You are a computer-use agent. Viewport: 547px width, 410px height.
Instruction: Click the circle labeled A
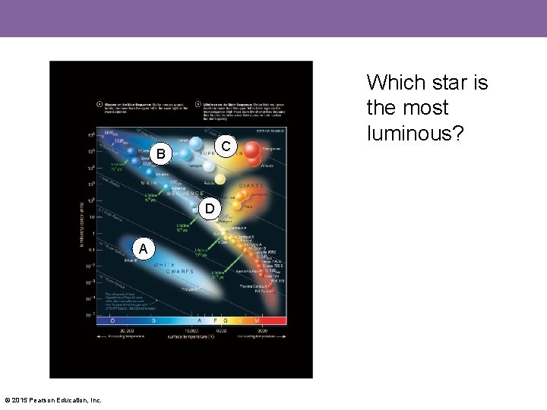pyautogui.click(x=142, y=248)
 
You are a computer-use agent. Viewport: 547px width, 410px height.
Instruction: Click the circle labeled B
pyautogui.click(x=160, y=155)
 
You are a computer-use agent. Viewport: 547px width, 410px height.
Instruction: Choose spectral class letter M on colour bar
pyautogui.click(x=258, y=320)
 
